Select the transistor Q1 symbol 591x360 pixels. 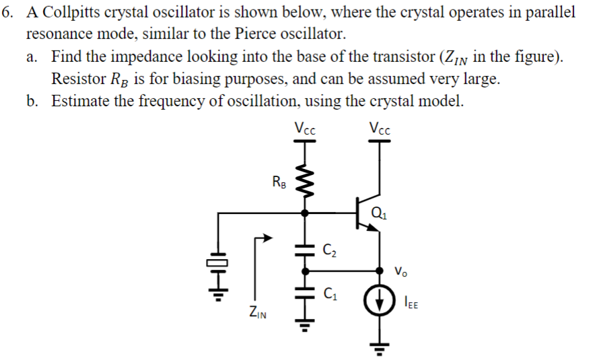(x=367, y=214)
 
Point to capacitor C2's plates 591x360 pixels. (x=306, y=250)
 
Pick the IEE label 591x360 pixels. (x=412, y=303)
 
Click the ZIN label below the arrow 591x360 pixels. (x=256, y=311)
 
